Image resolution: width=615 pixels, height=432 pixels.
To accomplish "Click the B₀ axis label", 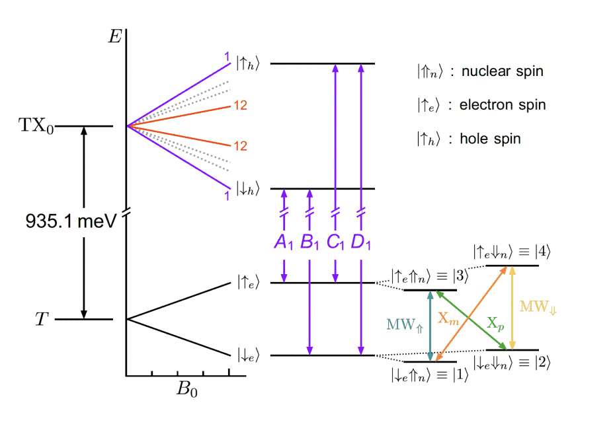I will [x=186, y=388].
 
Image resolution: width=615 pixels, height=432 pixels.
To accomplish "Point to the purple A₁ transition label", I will [x=283, y=242].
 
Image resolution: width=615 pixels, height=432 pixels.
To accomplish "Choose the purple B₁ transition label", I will [x=309, y=242].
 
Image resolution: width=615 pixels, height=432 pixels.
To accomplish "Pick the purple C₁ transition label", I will [x=335, y=242].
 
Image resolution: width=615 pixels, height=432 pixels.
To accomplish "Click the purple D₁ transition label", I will [x=361, y=242].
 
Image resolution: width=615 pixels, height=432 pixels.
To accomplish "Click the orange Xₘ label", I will [x=448, y=318].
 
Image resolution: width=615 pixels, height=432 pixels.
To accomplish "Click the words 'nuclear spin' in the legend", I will [x=503, y=71].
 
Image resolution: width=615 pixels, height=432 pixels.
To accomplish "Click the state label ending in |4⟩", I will [x=512, y=252].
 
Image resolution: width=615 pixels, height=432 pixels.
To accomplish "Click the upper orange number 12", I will [x=239, y=106].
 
